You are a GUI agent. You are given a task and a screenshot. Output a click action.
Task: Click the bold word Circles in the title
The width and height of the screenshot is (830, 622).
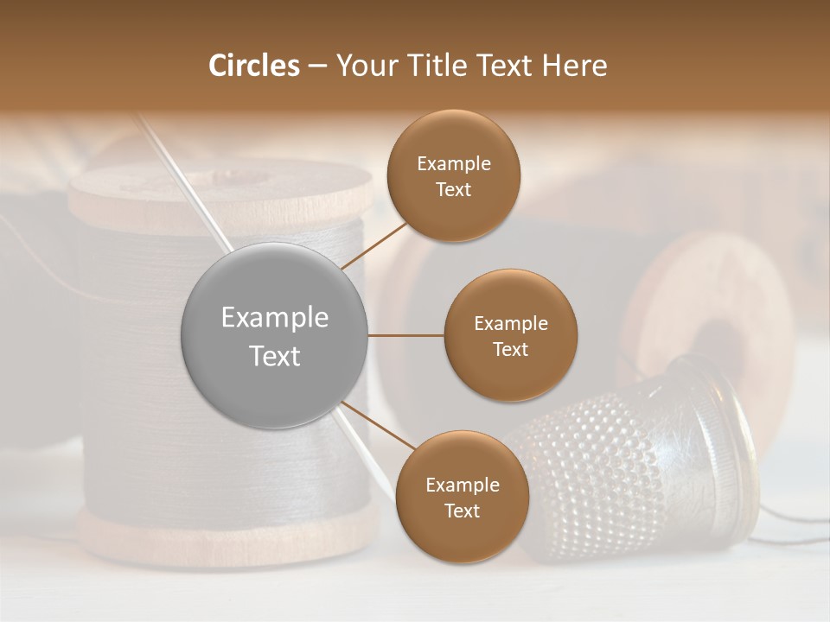(x=253, y=66)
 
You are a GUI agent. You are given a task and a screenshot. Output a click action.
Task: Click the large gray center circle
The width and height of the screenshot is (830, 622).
(x=274, y=335)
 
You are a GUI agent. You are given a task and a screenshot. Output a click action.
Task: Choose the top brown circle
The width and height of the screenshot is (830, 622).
(x=453, y=176)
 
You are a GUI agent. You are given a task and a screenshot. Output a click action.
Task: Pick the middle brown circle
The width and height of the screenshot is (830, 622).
(x=510, y=335)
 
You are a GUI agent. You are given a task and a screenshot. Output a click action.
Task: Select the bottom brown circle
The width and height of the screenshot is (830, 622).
(x=462, y=497)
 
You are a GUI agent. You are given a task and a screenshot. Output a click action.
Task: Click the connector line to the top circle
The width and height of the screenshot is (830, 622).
(x=376, y=244)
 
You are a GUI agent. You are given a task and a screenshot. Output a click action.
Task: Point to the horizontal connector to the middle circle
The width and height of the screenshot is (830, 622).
(x=405, y=335)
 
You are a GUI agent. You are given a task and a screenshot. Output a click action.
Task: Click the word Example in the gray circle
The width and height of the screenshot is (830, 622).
(x=274, y=318)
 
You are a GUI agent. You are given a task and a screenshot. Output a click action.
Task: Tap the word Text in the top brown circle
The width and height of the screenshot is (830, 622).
(x=453, y=190)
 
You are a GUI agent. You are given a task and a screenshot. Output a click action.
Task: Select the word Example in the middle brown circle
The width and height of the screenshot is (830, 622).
(x=510, y=324)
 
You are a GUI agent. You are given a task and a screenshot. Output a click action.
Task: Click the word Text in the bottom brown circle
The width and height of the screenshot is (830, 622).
(x=462, y=511)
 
